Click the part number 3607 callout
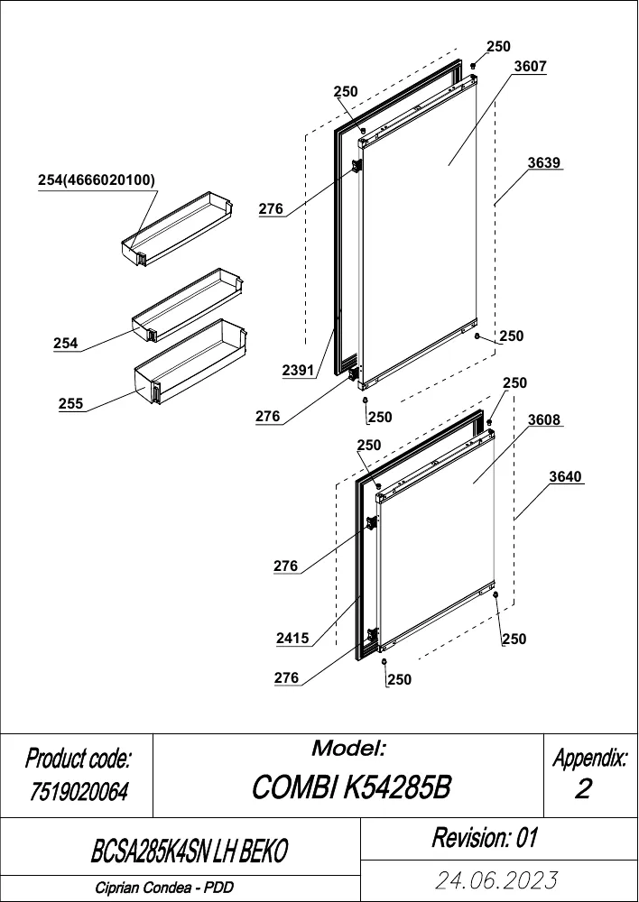[x=530, y=66]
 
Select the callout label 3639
[x=544, y=162]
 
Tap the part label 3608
[x=544, y=419]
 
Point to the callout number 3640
[x=565, y=477]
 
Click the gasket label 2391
[x=298, y=371]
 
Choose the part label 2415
[x=292, y=638]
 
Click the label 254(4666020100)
[x=97, y=180]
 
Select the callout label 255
[x=70, y=404]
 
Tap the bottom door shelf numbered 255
[x=190, y=362]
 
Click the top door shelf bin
[x=178, y=229]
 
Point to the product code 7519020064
[x=78, y=793]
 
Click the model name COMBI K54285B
[x=351, y=787]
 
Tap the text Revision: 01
[x=484, y=838]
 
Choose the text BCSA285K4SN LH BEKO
[x=189, y=851]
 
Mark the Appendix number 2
[x=583, y=789]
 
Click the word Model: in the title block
[x=348, y=749]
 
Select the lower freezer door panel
[x=437, y=540]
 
